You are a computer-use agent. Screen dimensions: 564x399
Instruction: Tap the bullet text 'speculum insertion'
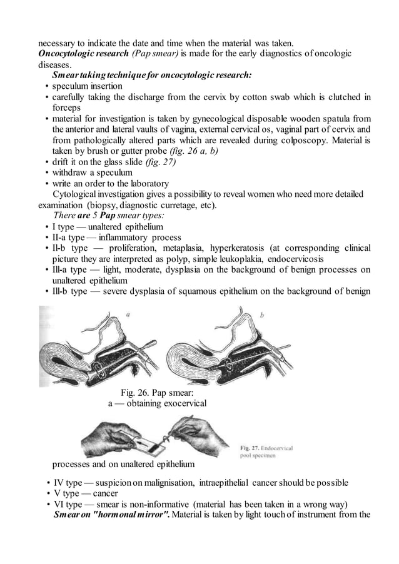click(87, 86)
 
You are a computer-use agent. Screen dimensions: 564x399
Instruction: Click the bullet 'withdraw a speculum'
click(92, 173)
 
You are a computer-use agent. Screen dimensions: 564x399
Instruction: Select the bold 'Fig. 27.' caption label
click(251, 448)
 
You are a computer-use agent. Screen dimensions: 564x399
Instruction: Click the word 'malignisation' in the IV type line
click(167, 483)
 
